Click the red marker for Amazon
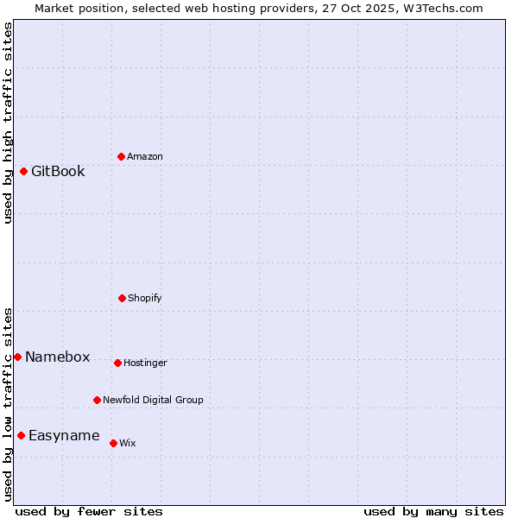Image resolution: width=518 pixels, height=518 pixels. click(x=121, y=156)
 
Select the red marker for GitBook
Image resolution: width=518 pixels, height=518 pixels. click(x=23, y=171)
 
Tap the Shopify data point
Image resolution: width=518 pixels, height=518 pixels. click(x=122, y=298)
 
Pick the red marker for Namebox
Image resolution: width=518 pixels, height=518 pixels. click(x=17, y=357)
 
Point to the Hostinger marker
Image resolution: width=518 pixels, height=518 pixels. click(x=117, y=363)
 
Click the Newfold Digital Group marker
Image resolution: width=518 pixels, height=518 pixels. click(x=97, y=400)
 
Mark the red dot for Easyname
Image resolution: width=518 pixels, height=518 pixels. click(x=21, y=435)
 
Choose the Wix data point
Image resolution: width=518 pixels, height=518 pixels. click(x=113, y=443)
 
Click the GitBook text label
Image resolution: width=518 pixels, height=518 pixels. click(x=58, y=171)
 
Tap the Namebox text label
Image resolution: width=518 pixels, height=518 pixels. click(x=57, y=357)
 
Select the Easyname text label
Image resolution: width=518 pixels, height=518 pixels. click(x=64, y=435)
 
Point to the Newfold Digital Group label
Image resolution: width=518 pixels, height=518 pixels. click(x=153, y=400)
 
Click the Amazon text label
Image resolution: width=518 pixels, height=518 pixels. click(x=144, y=156)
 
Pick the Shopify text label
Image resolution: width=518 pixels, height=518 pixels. click(x=144, y=298)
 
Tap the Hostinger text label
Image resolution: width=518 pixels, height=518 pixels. click(x=145, y=363)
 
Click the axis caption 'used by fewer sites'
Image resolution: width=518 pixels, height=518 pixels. click(x=89, y=511)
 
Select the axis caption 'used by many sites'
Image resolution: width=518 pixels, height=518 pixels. click(x=433, y=511)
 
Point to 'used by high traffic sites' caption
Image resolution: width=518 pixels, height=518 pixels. click(x=8, y=123)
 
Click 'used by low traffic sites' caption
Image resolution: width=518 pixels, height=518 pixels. click(x=8, y=404)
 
